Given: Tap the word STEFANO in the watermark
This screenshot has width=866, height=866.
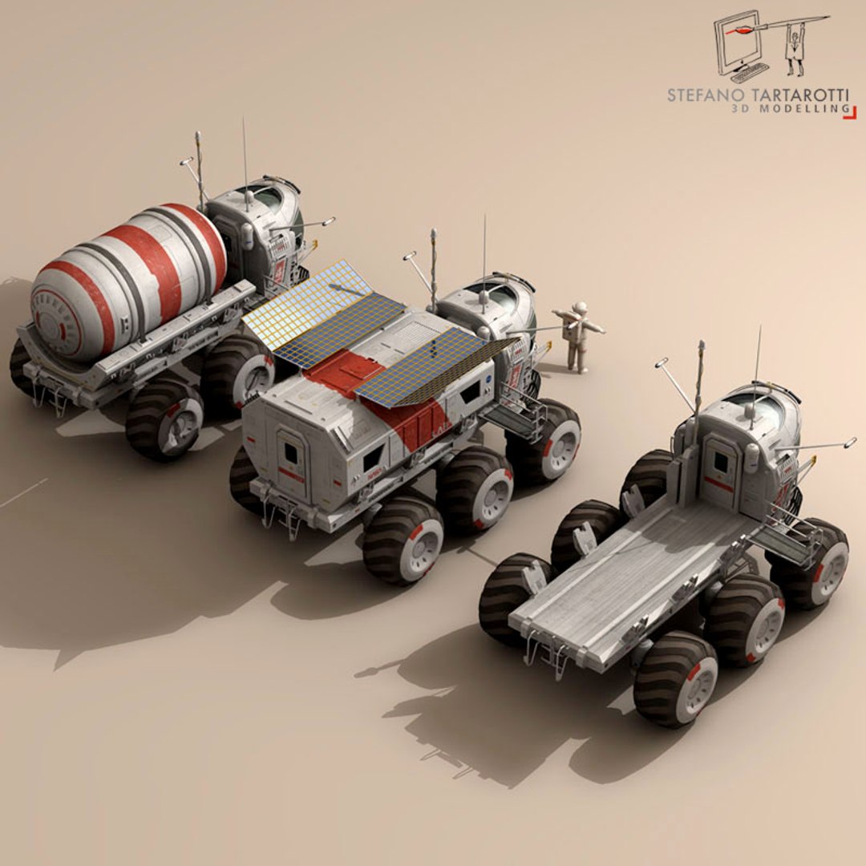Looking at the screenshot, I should click(x=699, y=95).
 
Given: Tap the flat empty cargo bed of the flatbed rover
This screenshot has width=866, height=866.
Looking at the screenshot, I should click(x=633, y=577).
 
